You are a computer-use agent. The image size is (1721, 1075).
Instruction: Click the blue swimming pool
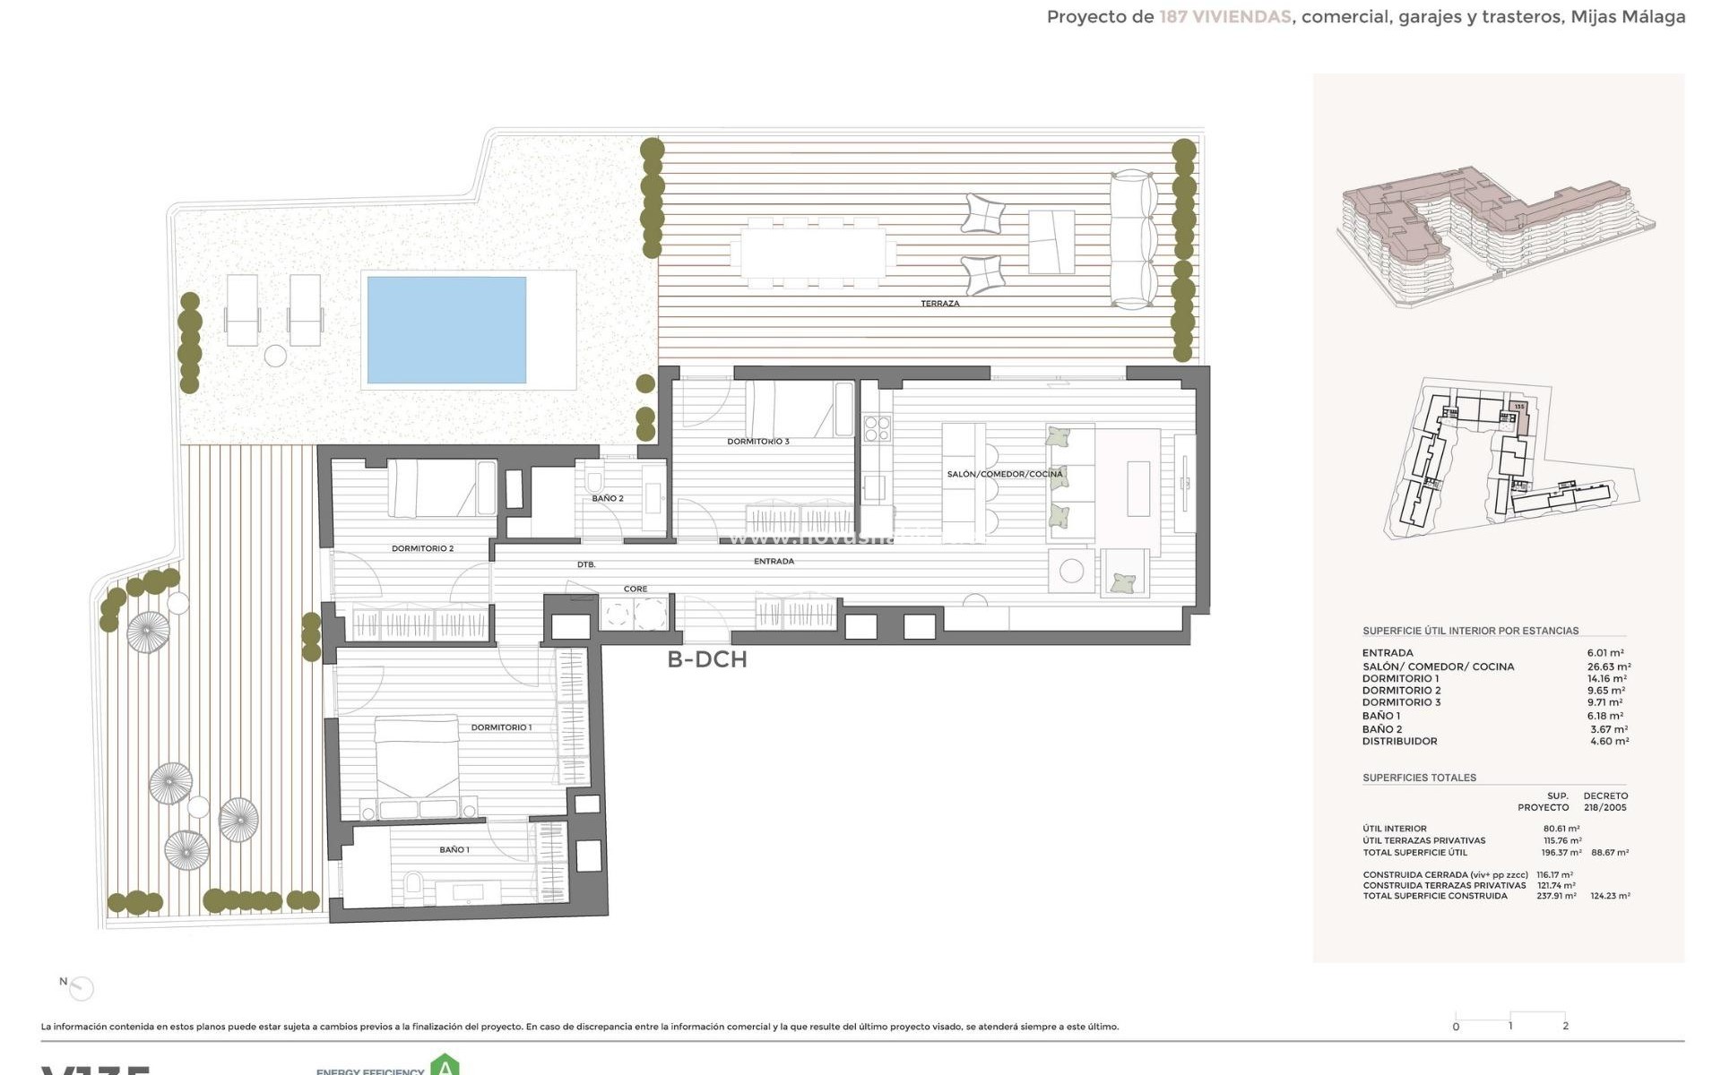tap(446, 330)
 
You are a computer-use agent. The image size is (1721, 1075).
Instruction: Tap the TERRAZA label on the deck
tap(939, 304)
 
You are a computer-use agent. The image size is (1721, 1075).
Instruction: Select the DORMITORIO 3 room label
tap(757, 442)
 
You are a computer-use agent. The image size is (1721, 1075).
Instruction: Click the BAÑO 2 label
tap(607, 498)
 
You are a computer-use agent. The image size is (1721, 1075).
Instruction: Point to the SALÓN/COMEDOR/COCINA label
tap(1004, 474)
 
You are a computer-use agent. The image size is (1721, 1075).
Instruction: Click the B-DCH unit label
tap(706, 659)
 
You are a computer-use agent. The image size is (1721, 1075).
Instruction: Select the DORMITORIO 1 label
tap(501, 727)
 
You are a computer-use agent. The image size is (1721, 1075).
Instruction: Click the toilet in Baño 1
tap(413, 885)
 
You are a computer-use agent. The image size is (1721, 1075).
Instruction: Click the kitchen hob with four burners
tap(877, 428)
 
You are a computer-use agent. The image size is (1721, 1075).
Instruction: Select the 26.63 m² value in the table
tap(1608, 666)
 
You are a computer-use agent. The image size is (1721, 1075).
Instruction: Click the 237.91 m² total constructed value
tap(1556, 896)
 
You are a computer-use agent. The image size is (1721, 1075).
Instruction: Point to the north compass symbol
tap(81, 988)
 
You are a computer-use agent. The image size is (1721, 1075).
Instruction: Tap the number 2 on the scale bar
tap(1565, 1027)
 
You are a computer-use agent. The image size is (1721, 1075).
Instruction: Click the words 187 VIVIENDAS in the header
tap(1224, 17)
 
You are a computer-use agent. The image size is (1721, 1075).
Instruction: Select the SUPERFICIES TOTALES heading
tap(1419, 778)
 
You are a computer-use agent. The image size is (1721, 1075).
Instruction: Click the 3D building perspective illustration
tap(1495, 233)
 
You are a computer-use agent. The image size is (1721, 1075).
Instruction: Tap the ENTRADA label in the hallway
tap(774, 562)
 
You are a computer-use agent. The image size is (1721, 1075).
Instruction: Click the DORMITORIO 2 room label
tap(422, 548)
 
